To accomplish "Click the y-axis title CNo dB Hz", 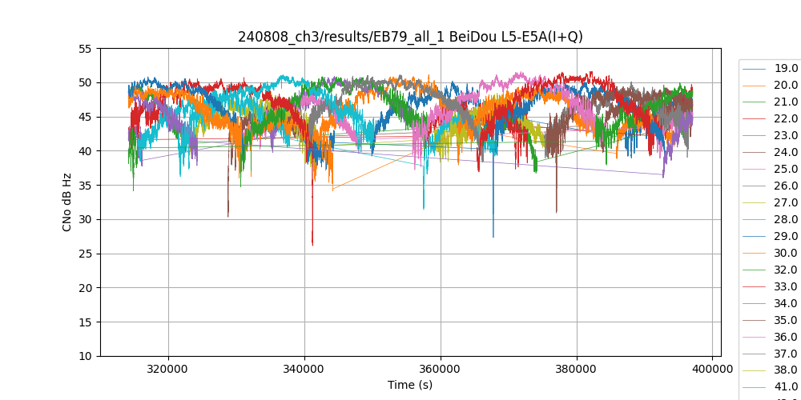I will click(x=67, y=202).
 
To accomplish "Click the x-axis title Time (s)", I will click(x=410, y=385).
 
